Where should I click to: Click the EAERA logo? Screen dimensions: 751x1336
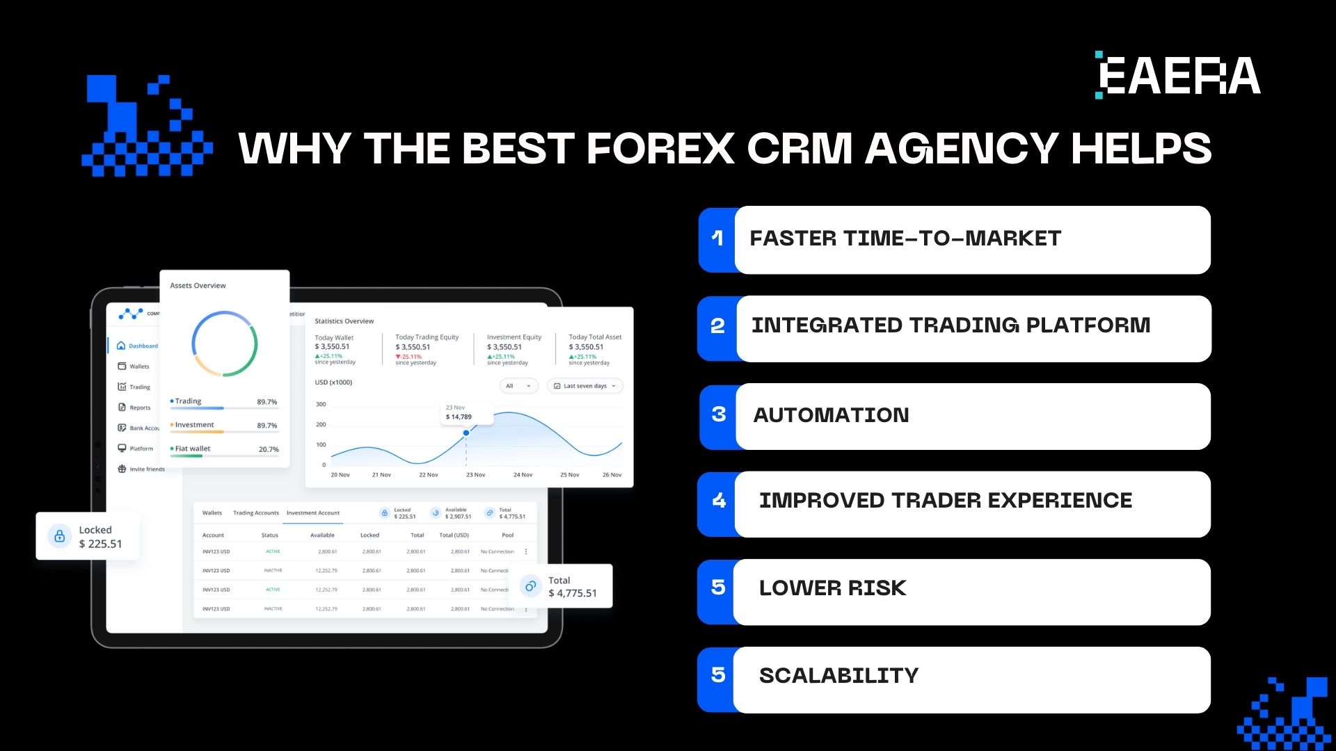(x=1178, y=75)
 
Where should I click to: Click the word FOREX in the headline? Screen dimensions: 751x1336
(x=660, y=148)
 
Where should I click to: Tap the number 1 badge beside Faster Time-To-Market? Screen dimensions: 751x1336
(x=717, y=239)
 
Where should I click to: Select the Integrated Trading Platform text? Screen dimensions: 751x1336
(x=951, y=325)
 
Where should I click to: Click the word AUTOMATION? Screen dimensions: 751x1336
(x=831, y=415)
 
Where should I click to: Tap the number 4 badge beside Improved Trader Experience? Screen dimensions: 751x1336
(x=719, y=501)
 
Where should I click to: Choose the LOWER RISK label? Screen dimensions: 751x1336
(x=832, y=588)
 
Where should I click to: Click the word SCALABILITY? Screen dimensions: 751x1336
(x=838, y=676)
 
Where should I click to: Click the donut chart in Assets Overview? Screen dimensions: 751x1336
(x=224, y=344)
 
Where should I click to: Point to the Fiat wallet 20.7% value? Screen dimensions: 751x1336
(x=269, y=449)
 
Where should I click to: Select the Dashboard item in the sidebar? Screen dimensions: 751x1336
(x=143, y=346)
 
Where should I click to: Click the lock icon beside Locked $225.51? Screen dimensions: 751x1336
(x=60, y=536)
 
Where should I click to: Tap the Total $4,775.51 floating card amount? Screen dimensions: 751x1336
(x=572, y=593)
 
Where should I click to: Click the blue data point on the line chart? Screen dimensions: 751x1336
(x=466, y=433)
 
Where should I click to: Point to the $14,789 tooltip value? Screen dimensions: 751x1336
(x=459, y=417)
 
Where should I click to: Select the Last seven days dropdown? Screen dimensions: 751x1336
(x=584, y=386)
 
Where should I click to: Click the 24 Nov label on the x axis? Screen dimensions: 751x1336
(x=523, y=475)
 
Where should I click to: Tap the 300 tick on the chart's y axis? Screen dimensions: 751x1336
(x=321, y=404)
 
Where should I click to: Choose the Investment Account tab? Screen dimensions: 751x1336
(x=313, y=513)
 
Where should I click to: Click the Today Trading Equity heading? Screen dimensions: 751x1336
(x=427, y=337)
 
